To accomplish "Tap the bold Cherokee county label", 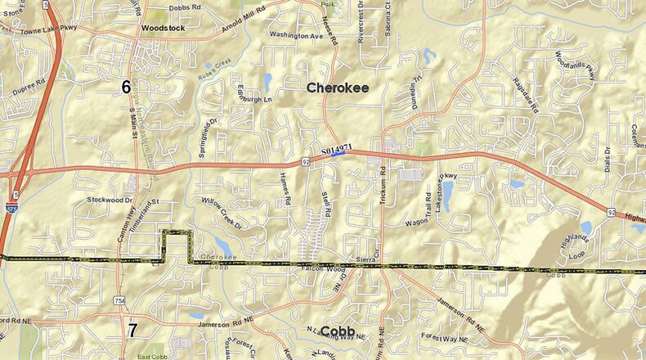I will pos(337,88).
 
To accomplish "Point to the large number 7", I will pos(132,330).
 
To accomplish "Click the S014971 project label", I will pos(337,151).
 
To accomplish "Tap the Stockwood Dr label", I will pos(110,200).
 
